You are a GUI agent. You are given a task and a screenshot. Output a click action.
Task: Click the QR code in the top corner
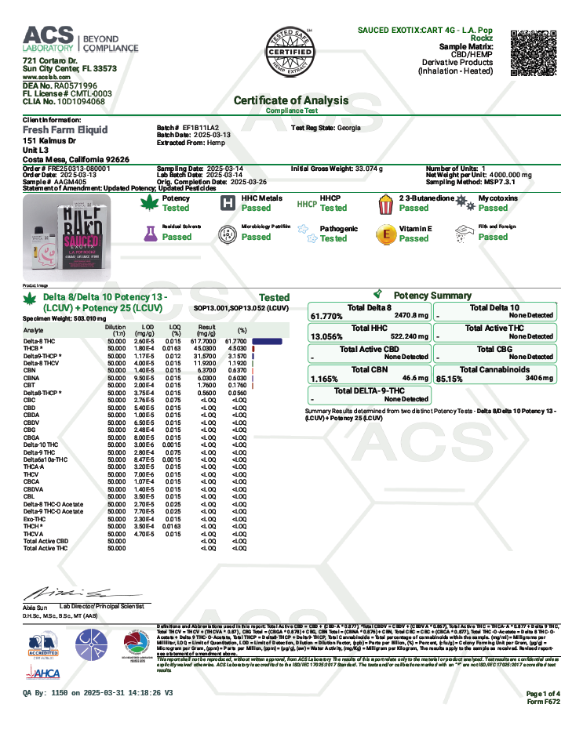[534, 52]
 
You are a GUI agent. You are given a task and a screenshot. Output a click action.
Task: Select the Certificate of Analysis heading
[291, 100]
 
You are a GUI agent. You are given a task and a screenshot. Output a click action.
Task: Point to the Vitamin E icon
[386, 234]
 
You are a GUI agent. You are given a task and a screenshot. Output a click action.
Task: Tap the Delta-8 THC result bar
[267, 341]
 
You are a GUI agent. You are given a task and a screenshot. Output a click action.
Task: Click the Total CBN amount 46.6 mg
[414, 378]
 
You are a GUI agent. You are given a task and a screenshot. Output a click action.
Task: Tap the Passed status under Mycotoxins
[493, 209]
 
